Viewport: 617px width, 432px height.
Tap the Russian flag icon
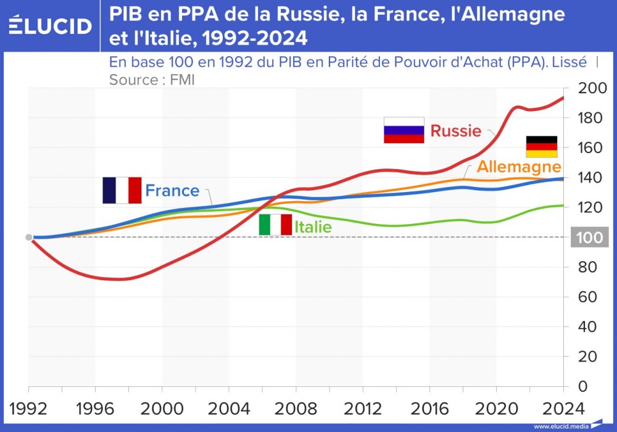[x=404, y=130]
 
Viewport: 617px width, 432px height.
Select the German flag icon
[x=541, y=147]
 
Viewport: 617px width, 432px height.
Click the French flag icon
[x=122, y=190]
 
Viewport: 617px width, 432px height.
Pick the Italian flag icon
[x=275, y=225]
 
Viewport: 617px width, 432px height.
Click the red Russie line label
[x=455, y=131]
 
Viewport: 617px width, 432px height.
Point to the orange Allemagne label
[x=519, y=167]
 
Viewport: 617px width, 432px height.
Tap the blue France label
[x=172, y=191]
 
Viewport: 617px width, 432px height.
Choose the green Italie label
[x=313, y=227]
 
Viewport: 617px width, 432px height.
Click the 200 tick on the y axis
[x=591, y=88]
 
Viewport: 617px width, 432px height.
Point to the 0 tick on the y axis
[x=584, y=386]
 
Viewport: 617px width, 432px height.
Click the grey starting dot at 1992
[x=28, y=238]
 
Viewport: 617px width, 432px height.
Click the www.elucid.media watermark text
[x=558, y=426]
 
